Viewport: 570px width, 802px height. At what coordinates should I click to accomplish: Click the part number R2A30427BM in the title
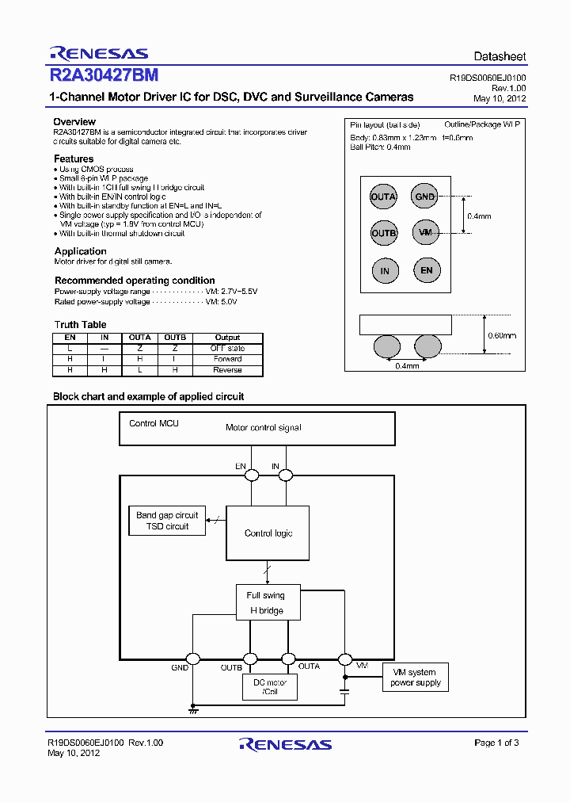coord(104,75)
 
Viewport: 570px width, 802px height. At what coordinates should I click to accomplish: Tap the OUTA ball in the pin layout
coord(384,197)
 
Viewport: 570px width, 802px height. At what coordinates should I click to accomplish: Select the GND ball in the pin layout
coord(425,197)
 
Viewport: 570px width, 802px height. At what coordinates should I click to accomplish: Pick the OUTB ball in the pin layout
coord(384,233)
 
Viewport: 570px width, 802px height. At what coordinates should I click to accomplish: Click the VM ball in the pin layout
coord(426,232)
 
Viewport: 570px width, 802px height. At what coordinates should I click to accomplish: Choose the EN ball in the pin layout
coord(427,270)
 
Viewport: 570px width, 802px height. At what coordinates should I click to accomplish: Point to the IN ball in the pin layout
coord(385,271)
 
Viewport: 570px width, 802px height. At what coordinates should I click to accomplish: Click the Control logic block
coord(268,533)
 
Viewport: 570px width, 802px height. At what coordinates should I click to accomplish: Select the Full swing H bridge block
coord(265,603)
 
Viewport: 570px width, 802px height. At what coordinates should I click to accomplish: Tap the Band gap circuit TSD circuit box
coord(167,521)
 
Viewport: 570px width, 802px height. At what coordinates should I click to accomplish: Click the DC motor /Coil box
coord(270,686)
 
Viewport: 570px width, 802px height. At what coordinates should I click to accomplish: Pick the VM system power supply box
coord(416,677)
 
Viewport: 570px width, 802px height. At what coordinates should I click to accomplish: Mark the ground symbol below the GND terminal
coord(192,710)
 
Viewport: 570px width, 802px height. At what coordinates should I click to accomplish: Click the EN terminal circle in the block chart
coord(252,475)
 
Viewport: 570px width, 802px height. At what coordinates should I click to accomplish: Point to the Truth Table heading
coord(80,325)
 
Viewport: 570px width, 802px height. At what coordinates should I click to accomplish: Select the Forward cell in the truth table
coord(227,359)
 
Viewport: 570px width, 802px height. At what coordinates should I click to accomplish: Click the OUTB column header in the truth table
coord(175,338)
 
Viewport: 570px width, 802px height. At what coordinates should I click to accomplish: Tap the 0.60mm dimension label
coord(503,335)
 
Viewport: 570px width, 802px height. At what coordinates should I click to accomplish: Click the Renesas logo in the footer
coord(285,744)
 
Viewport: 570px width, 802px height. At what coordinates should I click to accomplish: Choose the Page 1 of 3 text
coord(496,743)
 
